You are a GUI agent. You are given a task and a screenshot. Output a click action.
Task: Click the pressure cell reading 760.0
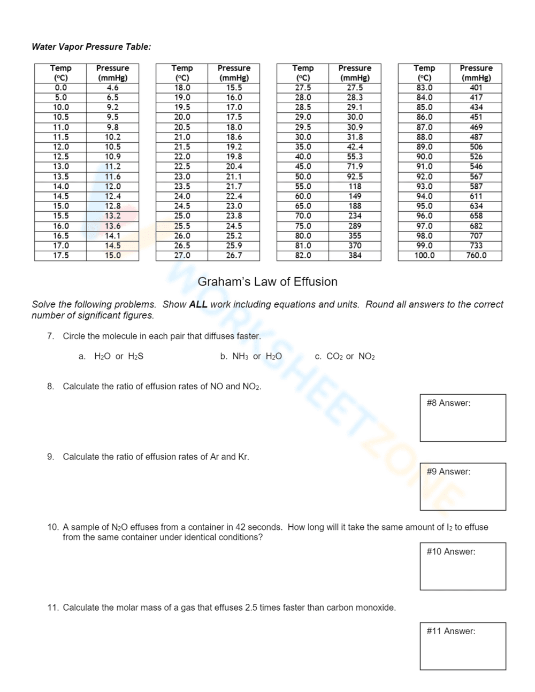click(476, 256)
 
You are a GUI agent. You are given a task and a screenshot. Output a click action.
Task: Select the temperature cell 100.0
click(424, 256)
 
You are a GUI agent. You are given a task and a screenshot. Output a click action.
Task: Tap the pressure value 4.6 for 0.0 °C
click(112, 88)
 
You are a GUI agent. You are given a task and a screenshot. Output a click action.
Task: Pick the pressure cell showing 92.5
click(355, 176)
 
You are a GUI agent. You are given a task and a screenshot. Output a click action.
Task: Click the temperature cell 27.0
click(182, 256)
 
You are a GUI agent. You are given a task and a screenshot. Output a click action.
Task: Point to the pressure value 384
click(355, 256)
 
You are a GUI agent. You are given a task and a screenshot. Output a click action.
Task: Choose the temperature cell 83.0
click(424, 88)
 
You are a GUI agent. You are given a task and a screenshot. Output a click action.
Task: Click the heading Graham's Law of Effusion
click(267, 282)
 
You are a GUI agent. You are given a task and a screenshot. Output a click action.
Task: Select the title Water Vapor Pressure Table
click(91, 47)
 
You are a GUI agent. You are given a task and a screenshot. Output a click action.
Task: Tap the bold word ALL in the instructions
click(198, 305)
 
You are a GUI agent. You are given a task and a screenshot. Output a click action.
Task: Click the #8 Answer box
click(463, 418)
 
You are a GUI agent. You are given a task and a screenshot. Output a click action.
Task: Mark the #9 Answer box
click(463, 487)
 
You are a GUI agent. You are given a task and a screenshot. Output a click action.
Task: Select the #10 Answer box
click(463, 566)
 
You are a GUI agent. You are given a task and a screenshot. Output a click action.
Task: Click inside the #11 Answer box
click(463, 646)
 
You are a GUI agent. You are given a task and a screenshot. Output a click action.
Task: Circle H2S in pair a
click(136, 357)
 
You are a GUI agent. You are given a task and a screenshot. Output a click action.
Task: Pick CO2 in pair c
click(334, 357)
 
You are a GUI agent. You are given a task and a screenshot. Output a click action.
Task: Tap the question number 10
click(52, 527)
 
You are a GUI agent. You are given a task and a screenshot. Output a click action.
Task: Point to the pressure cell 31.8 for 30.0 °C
click(355, 137)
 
